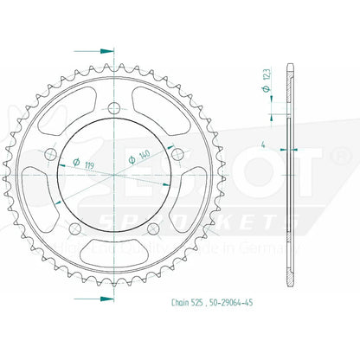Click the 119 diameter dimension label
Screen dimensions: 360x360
click(x=90, y=160)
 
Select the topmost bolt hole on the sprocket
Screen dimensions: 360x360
click(x=116, y=108)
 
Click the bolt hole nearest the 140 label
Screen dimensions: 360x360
click(x=177, y=153)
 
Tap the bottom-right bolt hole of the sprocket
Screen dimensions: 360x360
click(x=154, y=227)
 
